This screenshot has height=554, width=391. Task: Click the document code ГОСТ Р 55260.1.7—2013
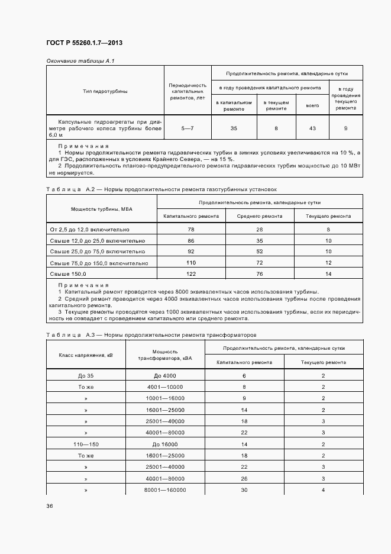pos(84,43)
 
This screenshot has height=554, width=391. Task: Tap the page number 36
pos(50,506)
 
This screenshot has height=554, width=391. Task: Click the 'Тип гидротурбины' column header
pos(105,91)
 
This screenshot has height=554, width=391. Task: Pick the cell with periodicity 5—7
pos(187,128)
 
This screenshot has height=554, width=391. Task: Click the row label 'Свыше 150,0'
pos(68,274)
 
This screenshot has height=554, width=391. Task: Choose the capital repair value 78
pos(191,229)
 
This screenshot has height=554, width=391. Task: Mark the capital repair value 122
pos(191,274)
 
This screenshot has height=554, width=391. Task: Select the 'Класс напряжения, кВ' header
pos(86,355)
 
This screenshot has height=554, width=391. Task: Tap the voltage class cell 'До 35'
pos(86,376)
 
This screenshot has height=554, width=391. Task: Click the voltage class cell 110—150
pos(86,443)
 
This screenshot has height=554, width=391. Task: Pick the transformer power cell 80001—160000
pos(165,490)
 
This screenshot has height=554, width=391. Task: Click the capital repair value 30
pos(244,490)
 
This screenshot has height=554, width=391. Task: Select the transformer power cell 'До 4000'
pos(165,376)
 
